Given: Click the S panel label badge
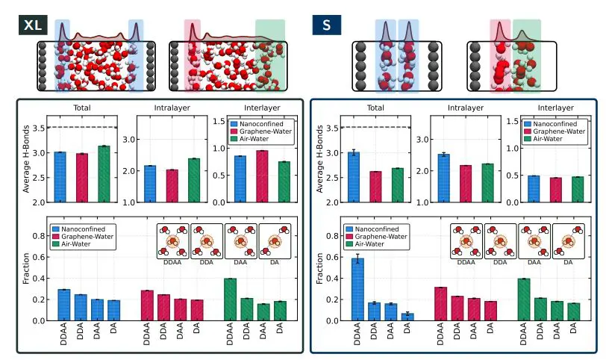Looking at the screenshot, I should pos(326,25).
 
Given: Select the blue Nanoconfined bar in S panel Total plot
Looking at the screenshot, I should pos(353,177).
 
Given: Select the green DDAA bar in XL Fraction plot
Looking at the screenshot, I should pos(230,300).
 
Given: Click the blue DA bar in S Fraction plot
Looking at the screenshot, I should pos(407,317).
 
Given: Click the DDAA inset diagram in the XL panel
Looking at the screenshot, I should pos(172,241).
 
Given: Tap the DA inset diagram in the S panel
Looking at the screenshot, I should pos(569,241).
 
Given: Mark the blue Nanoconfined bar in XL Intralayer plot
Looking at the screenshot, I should pos(149,184).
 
